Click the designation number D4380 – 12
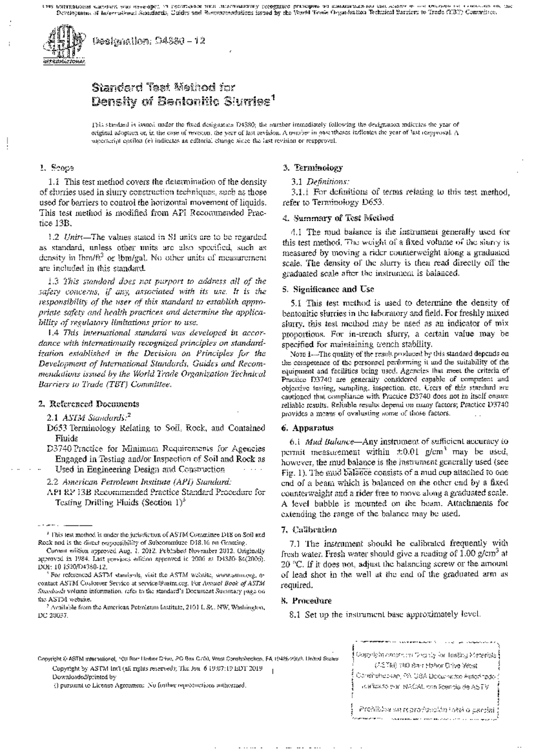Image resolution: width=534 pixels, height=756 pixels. (149, 41)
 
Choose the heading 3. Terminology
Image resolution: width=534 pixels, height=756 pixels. (313, 168)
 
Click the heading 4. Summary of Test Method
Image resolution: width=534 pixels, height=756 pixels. (338, 218)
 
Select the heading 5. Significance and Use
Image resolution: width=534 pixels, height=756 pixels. (328, 289)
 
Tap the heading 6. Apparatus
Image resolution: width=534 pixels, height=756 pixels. (307, 428)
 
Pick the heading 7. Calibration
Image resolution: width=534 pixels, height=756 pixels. (309, 530)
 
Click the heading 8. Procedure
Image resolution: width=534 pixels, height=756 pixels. (307, 601)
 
